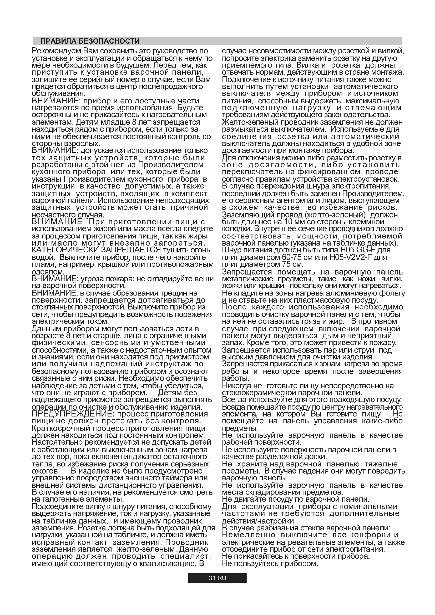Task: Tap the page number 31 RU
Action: coord(217,586)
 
